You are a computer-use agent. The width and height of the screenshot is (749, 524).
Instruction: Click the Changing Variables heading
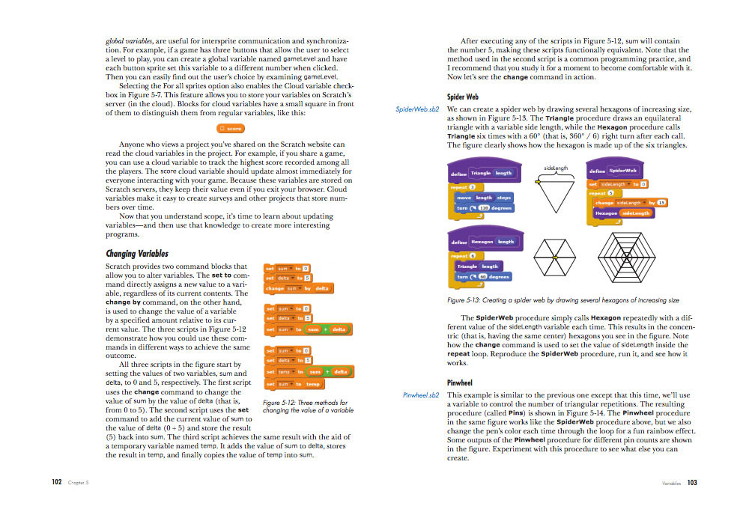(x=137, y=253)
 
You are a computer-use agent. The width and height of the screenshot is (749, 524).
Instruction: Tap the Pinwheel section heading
(x=460, y=382)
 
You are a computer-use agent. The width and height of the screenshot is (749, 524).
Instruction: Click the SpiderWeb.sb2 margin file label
(x=416, y=109)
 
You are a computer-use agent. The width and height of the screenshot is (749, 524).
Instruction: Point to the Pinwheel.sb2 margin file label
(x=420, y=394)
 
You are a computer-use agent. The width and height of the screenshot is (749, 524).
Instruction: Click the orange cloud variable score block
(x=231, y=129)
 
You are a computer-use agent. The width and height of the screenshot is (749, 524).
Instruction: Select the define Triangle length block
(x=483, y=173)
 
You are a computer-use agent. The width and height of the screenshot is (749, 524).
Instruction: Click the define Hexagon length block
(x=483, y=242)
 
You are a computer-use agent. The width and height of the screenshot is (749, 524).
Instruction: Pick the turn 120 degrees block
(x=485, y=207)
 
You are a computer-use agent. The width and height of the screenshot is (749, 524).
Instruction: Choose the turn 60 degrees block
(x=483, y=276)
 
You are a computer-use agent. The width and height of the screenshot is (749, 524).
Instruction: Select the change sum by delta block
(x=297, y=288)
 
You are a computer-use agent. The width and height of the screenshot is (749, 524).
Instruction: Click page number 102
(x=56, y=483)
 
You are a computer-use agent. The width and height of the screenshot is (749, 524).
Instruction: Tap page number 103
(x=692, y=483)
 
